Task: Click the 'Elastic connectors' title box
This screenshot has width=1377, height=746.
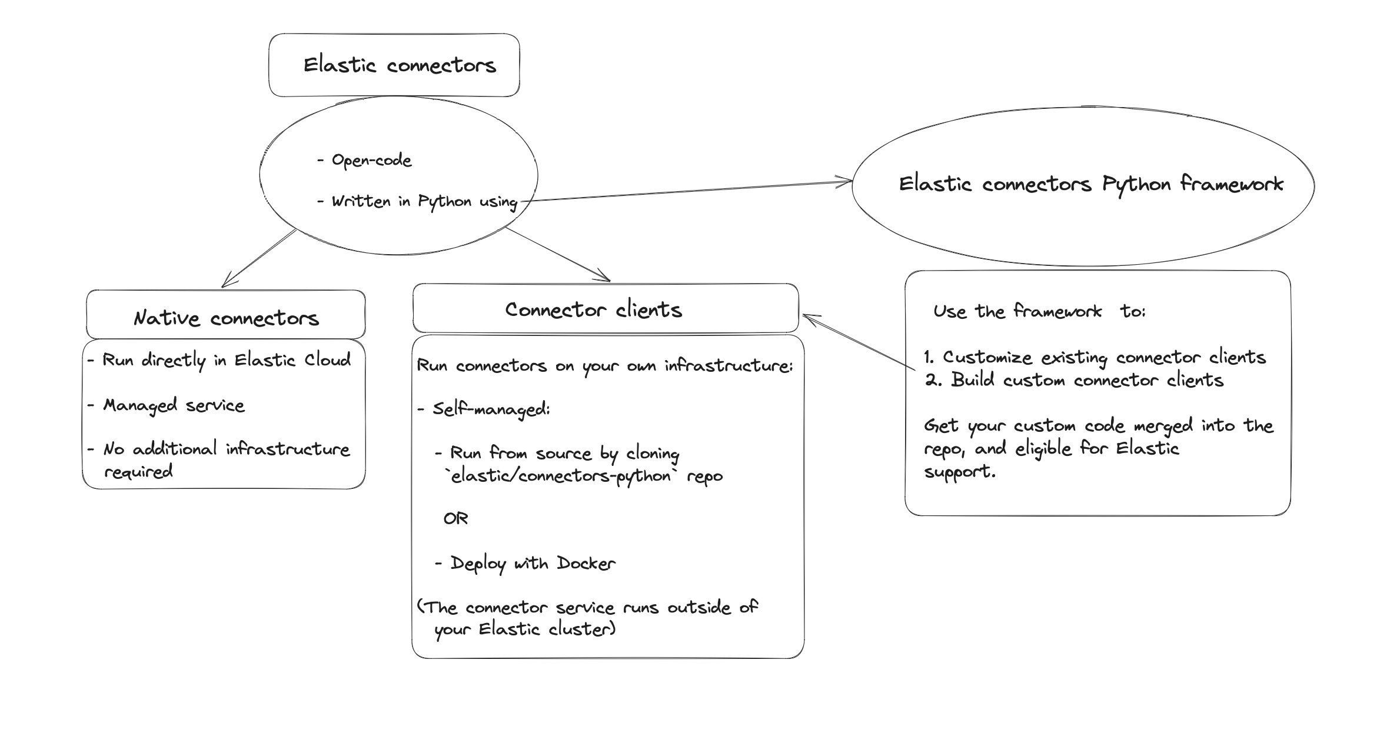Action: (394, 65)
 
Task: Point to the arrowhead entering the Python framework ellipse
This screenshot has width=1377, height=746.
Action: (847, 182)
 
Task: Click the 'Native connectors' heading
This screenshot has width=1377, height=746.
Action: (226, 318)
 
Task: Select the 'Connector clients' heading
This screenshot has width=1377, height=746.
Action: (593, 309)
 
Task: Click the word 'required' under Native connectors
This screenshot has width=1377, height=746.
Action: (138, 472)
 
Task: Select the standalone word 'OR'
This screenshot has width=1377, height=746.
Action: (455, 519)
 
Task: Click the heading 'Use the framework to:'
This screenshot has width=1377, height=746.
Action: (1039, 311)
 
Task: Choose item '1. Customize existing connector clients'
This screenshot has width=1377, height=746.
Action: (1095, 357)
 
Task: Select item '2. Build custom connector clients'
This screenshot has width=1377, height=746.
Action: (1075, 380)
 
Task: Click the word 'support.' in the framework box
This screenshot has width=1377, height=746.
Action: (959, 472)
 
